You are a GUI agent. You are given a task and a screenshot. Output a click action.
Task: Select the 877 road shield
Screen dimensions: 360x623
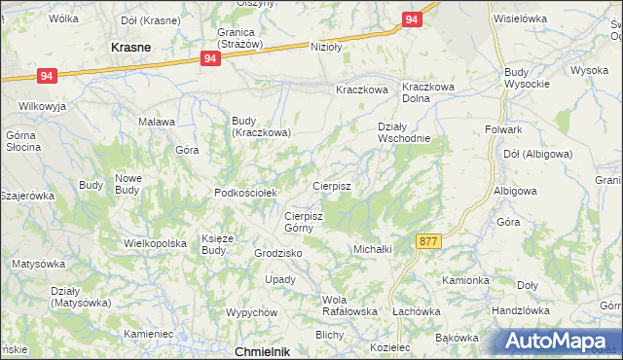(427, 240)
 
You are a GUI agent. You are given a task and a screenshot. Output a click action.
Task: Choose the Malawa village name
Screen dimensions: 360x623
(156, 122)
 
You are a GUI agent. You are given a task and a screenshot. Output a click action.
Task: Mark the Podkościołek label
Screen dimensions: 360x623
(246, 193)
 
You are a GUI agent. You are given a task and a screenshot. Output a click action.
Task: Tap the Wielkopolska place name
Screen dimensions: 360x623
(155, 242)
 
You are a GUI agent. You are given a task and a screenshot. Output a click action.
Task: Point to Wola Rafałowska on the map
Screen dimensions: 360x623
(349, 306)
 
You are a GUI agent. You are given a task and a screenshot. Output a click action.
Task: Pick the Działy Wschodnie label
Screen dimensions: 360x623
(404, 131)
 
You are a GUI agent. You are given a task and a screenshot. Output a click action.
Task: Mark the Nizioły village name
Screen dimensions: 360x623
(327, 47)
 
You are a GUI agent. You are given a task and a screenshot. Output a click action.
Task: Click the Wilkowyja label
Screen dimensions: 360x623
(40, 104)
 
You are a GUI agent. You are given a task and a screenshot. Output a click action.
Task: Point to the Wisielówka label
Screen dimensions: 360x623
(521, 18)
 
